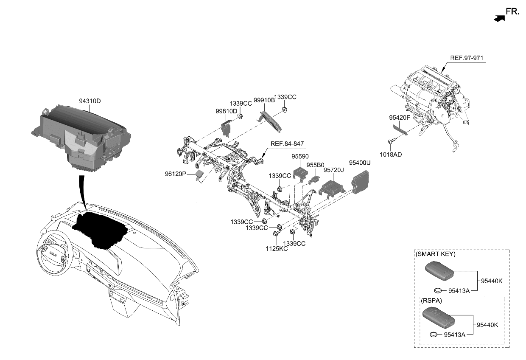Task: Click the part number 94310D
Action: coord(90,101)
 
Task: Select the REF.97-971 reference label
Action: coord(467,58)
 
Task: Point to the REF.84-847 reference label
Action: coord(287,143)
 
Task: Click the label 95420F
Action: coord(399,117)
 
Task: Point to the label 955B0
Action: coord(315,164)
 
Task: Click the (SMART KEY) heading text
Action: coord(436,254)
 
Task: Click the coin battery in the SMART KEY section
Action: coord(439,290)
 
